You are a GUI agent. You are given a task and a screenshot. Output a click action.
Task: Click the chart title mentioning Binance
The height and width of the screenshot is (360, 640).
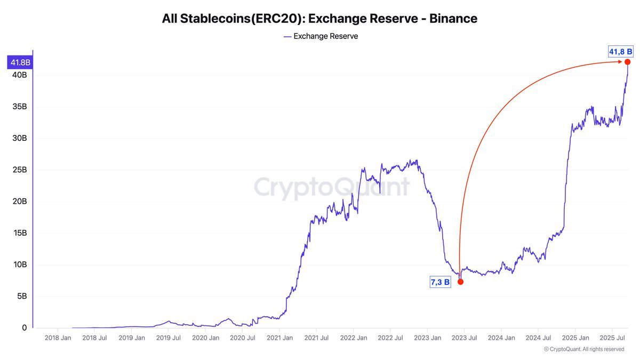[x=319, y=19]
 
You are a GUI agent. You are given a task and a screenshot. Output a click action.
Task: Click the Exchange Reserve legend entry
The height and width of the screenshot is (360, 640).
[x=320, y=36]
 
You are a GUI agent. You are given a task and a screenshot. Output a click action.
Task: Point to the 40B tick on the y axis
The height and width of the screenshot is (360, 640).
[x=20, y=75]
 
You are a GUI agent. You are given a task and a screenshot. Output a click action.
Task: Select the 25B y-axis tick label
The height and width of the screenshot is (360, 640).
[x=20, y=170]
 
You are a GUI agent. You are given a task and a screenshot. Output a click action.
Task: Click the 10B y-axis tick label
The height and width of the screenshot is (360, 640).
[x=20, y=265]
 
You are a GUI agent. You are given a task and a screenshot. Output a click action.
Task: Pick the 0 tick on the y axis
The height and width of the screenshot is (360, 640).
[x=24, y=328]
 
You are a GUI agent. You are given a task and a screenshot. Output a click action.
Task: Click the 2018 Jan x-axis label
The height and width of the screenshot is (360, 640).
[x=58, y=338]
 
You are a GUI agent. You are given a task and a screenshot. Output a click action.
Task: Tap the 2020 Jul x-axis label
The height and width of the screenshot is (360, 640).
[x=242, y=338]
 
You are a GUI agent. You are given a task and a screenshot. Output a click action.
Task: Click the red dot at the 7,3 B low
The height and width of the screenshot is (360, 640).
[x=460, y=282]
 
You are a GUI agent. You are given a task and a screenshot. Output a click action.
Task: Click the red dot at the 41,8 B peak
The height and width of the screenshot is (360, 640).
[x=627, y=62]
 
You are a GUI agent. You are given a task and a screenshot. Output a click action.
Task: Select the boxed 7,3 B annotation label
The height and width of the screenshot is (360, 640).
[x=440, y=282]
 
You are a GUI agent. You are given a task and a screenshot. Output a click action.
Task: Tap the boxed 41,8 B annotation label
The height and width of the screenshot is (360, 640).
[x=620, y=51]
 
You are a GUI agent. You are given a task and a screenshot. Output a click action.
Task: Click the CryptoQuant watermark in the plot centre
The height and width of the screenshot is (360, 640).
[x=331, y=187]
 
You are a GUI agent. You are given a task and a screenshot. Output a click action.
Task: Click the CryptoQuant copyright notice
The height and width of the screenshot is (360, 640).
[x=583, y=349]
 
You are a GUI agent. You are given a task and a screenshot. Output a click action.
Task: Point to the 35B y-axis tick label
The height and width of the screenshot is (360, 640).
[x=20, y=107]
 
